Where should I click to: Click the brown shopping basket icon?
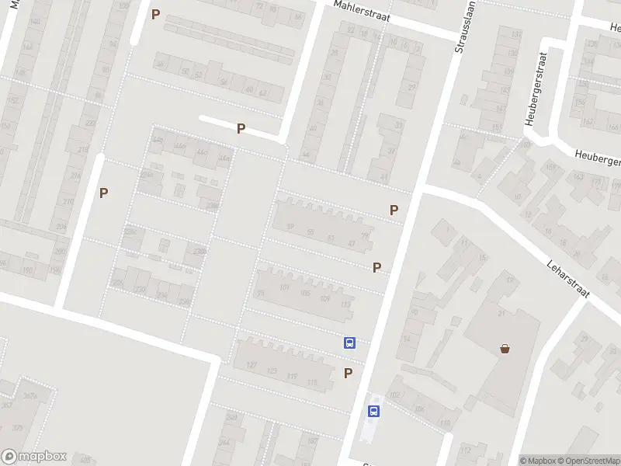pos(505,349)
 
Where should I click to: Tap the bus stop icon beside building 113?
pos(350,343)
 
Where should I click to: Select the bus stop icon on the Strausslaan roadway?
pos(373,412)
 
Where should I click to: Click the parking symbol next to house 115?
pos(348,374)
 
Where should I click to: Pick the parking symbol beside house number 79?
pos(394,210)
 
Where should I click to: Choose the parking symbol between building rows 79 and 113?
pos(376,268)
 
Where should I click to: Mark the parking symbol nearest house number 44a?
pos(241,129)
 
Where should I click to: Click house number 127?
pos(252,365)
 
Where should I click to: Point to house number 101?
pos(283,288)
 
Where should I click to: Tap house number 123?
pos(272,371)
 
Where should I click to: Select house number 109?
pos(324,299)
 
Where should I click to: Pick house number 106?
pos(419,409)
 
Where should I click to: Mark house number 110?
pos(445,423)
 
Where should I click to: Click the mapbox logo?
pos(34,457)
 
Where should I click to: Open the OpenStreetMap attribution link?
pos(591,461)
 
